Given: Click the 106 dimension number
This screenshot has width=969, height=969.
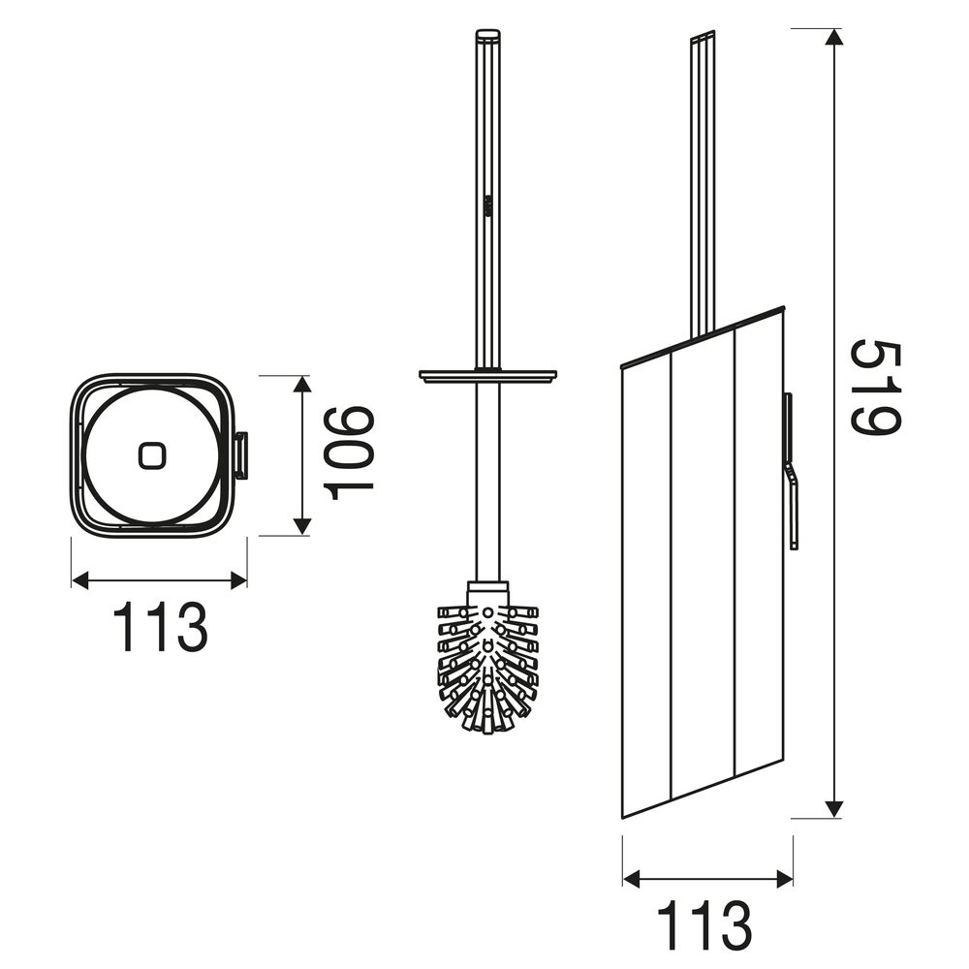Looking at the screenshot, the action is point(350,453).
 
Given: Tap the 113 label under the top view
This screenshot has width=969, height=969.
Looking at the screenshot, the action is point(161,627).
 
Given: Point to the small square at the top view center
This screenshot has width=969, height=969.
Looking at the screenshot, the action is point(149,455).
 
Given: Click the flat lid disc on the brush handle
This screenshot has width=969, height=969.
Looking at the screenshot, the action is point(487,374).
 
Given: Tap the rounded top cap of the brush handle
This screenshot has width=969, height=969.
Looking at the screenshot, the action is point(487,34).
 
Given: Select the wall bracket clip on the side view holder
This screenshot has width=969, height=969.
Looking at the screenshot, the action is point(792,471).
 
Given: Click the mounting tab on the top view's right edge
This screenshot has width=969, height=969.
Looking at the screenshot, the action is point(241,455).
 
